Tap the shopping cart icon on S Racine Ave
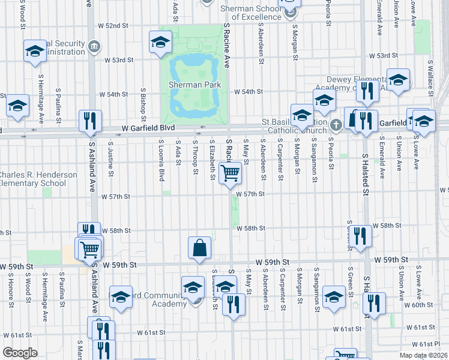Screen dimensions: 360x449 tap(231, 173)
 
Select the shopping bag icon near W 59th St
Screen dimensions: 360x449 tap(199, 247)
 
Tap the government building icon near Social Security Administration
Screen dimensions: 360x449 tap(94, 46)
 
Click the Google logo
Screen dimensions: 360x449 tap(19, 353)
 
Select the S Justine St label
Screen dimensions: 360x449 tap(111, 160)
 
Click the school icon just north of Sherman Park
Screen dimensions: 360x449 tap(160, 41)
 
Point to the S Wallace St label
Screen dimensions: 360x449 tap(430, 76)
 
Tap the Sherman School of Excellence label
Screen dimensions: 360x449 tap(251, 13)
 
